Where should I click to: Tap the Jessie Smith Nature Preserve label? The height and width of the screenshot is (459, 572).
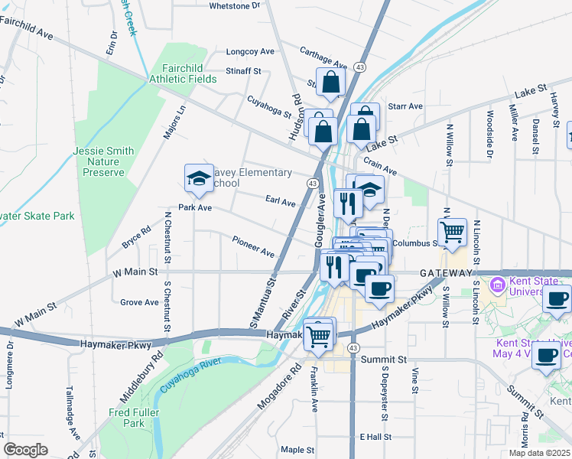click(103, 161)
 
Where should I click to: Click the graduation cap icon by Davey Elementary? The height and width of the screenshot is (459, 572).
click(199, 179)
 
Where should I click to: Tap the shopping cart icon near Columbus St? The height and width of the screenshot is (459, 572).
click(452, 231)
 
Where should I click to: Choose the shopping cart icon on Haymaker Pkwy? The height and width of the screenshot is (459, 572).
click(320, 334)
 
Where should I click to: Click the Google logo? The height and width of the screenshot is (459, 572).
click(25, 449)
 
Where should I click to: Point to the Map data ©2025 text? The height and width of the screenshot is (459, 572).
click(539, 453)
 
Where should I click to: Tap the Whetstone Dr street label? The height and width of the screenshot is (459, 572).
click(235, 5)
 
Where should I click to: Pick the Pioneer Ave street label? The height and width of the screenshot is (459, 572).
click(253, 252)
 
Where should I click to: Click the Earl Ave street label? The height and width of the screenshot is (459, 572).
click(280, 202)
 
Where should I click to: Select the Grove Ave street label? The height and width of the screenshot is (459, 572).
click(139, 302)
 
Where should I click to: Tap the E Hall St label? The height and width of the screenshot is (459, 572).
click(375, 437)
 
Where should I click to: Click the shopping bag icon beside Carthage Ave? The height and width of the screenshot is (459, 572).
click(330, 83)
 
